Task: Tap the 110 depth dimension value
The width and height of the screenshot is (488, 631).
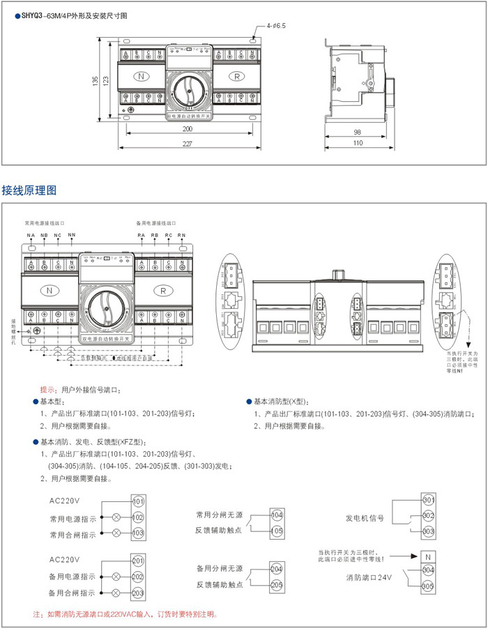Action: click(x=357, y=143)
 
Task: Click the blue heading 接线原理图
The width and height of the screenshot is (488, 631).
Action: click(x=29, y=190)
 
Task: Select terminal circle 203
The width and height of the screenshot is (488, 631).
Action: click(x=138, y=593)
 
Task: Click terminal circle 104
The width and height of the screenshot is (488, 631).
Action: click(x=277, y=515)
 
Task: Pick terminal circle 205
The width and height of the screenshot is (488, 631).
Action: click(x=277, y=585)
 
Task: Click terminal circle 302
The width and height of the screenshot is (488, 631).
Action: click(x=428, y=516)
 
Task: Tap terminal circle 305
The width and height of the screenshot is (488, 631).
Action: click(x=428, y=586)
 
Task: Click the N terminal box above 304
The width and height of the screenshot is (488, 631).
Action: click(x=428, y=556)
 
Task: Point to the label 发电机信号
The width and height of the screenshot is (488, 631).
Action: click(x=365, y=518)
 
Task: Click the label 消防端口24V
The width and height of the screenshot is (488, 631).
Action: click(x=370, y=578)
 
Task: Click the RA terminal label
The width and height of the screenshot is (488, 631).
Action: click(x=142, y=236)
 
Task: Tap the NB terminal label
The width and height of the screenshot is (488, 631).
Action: click(x=44, y=236)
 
